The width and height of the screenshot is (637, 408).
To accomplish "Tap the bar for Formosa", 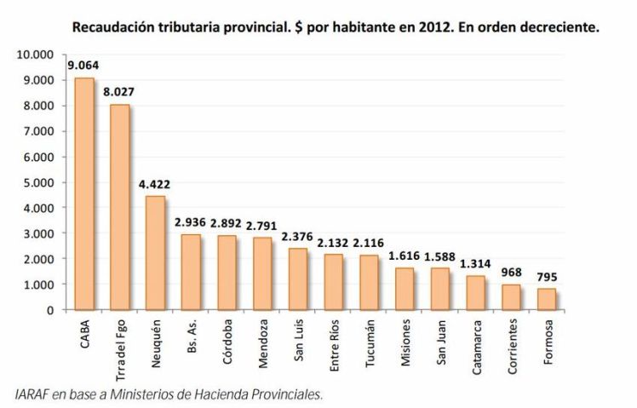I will tap(548, 299).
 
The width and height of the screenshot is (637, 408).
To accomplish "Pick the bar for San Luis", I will tap(298, 279).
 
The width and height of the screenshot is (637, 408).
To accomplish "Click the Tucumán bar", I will tap(370, 282).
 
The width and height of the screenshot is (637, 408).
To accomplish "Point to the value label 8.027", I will tap(120, 91).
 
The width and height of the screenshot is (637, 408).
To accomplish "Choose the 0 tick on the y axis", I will tap(52, 309).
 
